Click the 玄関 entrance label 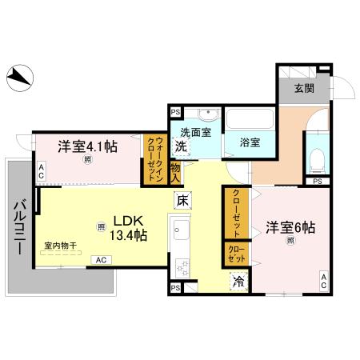click(x=304, y=89)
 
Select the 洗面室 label click(x=194, y=132)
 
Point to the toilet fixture click(x=316, y=160)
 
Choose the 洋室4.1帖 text click(x=87, y=146)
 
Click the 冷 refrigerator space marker click(x=238, y=281)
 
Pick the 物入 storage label click(x=175, y=172)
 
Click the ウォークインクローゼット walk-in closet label click(x=154, y=159)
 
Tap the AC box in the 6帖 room click(x=324, y=280)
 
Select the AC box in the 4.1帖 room click(x=40, y=170)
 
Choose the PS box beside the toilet click(x=318, y=182)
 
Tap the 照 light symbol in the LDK click(x=102, y=226)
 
